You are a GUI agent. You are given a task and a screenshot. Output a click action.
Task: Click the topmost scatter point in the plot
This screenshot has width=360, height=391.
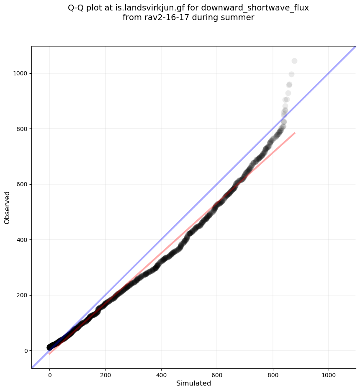click(294, 61)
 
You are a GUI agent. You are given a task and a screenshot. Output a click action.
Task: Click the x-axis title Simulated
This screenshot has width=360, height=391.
click(193, 383)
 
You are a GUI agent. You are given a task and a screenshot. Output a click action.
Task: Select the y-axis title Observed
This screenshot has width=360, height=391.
click(7, 207)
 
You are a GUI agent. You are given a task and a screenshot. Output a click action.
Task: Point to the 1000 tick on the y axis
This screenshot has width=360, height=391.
click(20, 73)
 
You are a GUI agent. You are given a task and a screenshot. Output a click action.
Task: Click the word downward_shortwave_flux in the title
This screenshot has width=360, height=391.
click(260, 8)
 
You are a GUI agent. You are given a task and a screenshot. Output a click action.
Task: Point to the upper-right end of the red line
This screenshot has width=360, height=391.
click(295, 133)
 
